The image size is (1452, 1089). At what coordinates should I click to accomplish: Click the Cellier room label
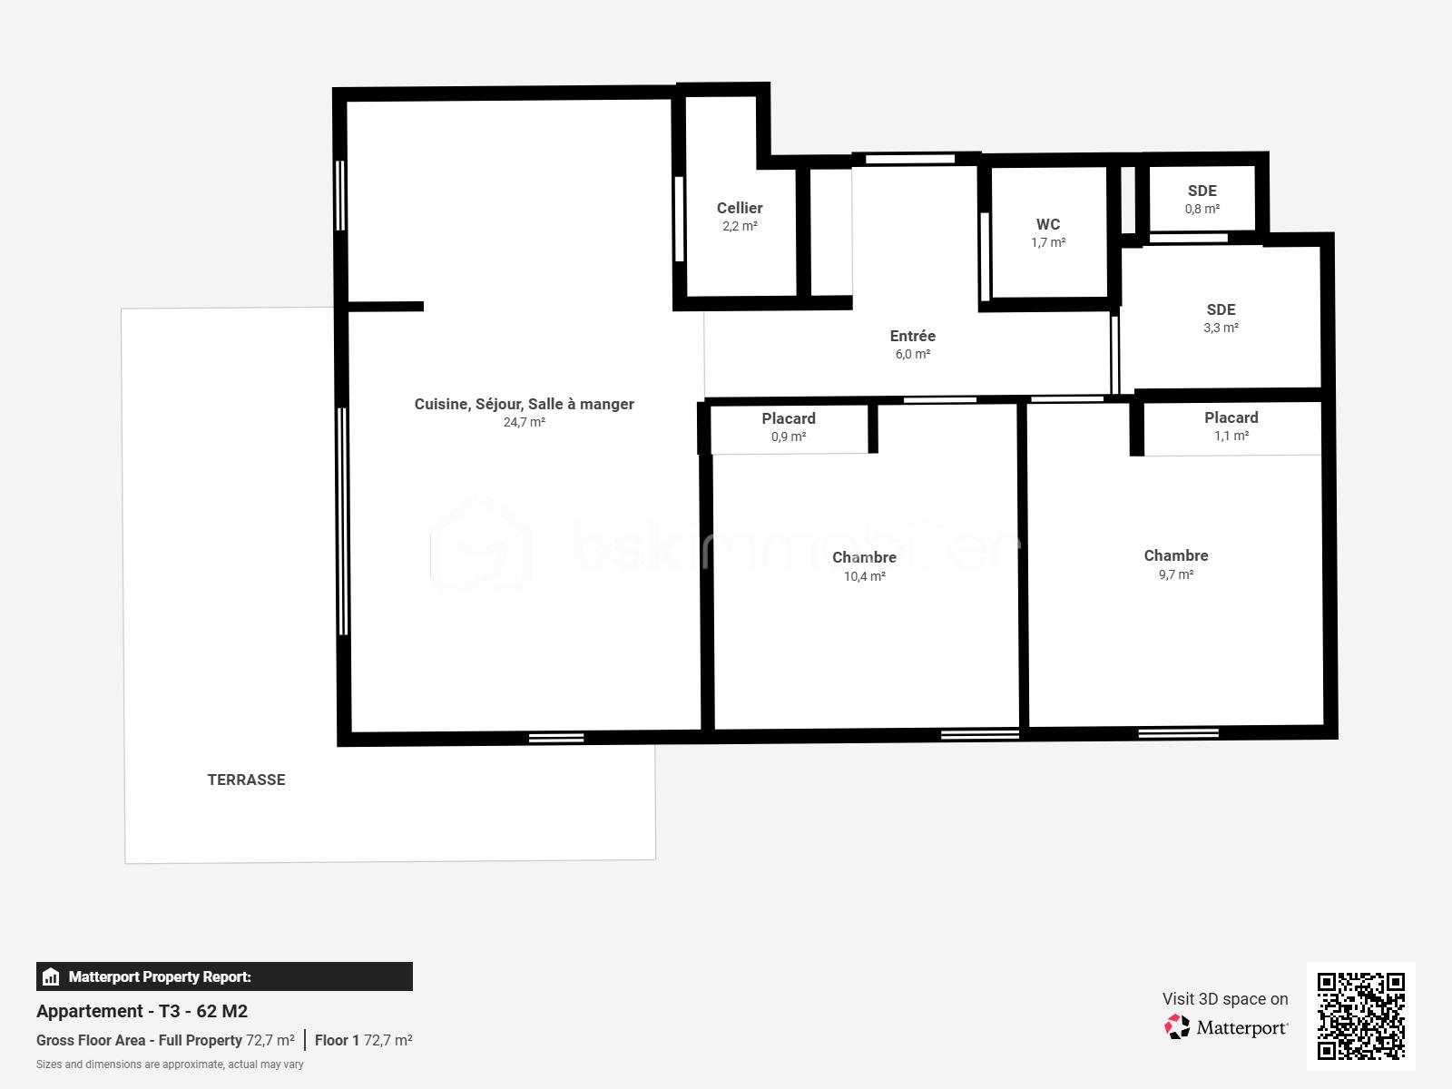click(x=740, y=208)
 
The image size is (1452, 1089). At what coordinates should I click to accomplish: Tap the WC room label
click(x=1048, y=224)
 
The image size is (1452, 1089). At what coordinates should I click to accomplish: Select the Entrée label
click(x=912, y=336)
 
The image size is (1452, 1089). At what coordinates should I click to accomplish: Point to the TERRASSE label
click(x=246, y=780)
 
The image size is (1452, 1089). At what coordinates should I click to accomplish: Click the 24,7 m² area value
click(x=524, y=422)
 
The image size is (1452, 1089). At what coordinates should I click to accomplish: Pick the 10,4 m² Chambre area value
click(x=864, y=576)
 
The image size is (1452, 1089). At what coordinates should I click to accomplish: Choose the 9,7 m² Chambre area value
click(x=1175, y=574)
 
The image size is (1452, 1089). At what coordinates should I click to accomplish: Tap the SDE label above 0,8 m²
click(x=1202, y=191)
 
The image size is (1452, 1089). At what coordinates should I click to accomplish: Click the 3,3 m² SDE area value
click(x=1221, y=328)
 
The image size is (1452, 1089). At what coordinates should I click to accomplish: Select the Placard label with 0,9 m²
click(x=788, y=418)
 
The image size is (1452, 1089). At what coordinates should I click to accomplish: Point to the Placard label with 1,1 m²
click(x=1231, y=417)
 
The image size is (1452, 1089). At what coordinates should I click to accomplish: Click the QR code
click(x=1360, y=1016)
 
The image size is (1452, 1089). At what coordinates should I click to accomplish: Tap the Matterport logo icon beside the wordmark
click(x=1177, y=1027)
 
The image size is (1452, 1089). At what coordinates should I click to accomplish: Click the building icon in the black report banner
click(x=51, y=976)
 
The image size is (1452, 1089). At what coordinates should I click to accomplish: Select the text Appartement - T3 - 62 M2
click(x=142, y=1011)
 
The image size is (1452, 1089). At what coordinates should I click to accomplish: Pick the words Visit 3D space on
click(x=1225, y=998)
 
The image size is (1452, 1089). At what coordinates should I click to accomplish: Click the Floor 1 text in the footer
click(x=337, y=1040)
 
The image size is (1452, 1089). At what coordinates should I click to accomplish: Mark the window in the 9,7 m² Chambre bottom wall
click(x=1178, y=732)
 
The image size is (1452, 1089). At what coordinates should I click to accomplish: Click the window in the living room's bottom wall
click(x=556, y=738)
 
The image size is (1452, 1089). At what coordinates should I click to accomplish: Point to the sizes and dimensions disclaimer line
click(x=170, y=1064)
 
